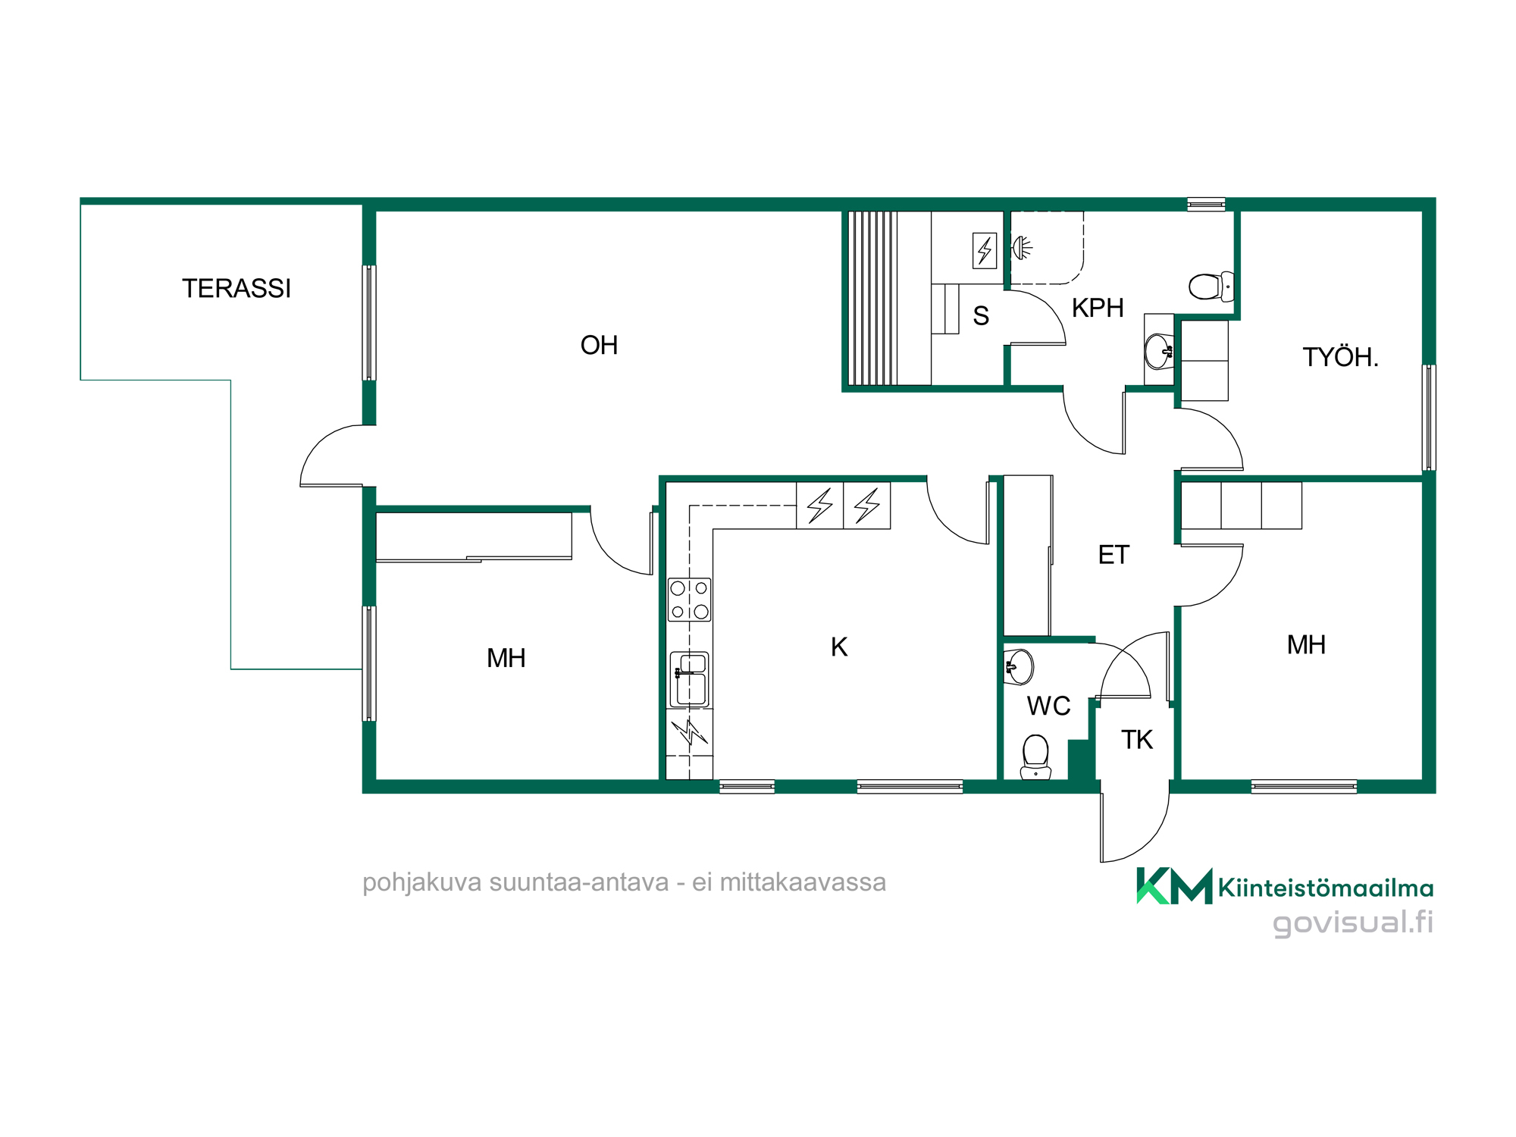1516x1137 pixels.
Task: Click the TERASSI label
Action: click(x=236, y=288)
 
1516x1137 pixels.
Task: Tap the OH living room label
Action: click(x=599, y=345)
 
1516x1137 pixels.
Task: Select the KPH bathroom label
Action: click(x=1098, y=308)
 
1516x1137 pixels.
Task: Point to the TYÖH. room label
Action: click(x=1340, y=356)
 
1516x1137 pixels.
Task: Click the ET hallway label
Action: click(x=1114, y=555)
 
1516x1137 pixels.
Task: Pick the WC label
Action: click(x=1048, y=706)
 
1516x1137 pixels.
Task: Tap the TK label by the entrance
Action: click(x=1137, y=739)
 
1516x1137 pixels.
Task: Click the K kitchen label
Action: click(x=839, y=647)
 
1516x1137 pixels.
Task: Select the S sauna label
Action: click(x=981, y=315)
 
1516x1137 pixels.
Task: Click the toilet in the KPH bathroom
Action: click(x=1211, y=287)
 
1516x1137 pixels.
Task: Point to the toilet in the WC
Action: click(x=1035, y=756)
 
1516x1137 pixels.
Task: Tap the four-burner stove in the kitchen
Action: click(x=689, y=600)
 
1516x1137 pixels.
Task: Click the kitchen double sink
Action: click(x=689, y=679)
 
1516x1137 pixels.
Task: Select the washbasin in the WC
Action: click(x=1019, y=667)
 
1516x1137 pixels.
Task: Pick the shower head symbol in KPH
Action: click(x=1022, y=248)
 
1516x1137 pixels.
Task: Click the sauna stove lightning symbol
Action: click(x=985, y=250)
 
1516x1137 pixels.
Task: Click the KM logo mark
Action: click(x=1174, y=885)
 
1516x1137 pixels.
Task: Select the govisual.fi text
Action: click(x=1353, y=922)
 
